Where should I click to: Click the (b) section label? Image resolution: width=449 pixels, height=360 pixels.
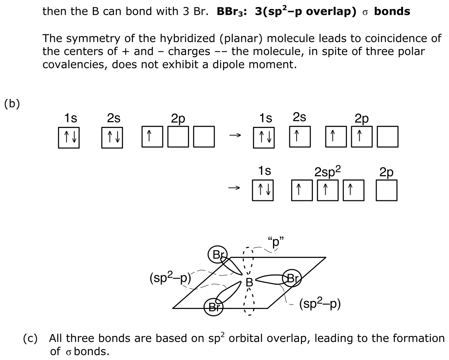coord(12,104)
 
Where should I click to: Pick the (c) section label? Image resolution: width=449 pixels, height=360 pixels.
coord(30,338)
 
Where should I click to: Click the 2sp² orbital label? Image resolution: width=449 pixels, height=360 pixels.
coord(328,171)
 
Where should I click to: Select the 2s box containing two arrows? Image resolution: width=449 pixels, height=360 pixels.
coord(112,138)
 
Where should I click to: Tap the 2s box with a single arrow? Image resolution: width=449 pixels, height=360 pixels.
coord(300,136)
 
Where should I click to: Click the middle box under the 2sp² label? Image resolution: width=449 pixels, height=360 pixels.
coord(328,190)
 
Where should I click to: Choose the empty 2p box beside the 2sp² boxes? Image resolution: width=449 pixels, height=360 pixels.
coord(387,190)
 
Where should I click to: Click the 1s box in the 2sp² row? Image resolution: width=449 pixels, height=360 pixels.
coord(263,190)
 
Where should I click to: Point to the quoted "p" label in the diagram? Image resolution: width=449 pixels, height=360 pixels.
coord(275,241)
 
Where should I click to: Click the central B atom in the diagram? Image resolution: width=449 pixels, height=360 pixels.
coord(249,283)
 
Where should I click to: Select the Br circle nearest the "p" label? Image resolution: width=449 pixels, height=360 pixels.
coord(218,254)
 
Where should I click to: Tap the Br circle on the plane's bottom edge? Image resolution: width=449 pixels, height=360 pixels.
coord(213,307)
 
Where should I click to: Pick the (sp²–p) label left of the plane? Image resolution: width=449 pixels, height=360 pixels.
coord(170,278)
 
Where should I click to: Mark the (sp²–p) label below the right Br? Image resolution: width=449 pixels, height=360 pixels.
coord(320,304)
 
